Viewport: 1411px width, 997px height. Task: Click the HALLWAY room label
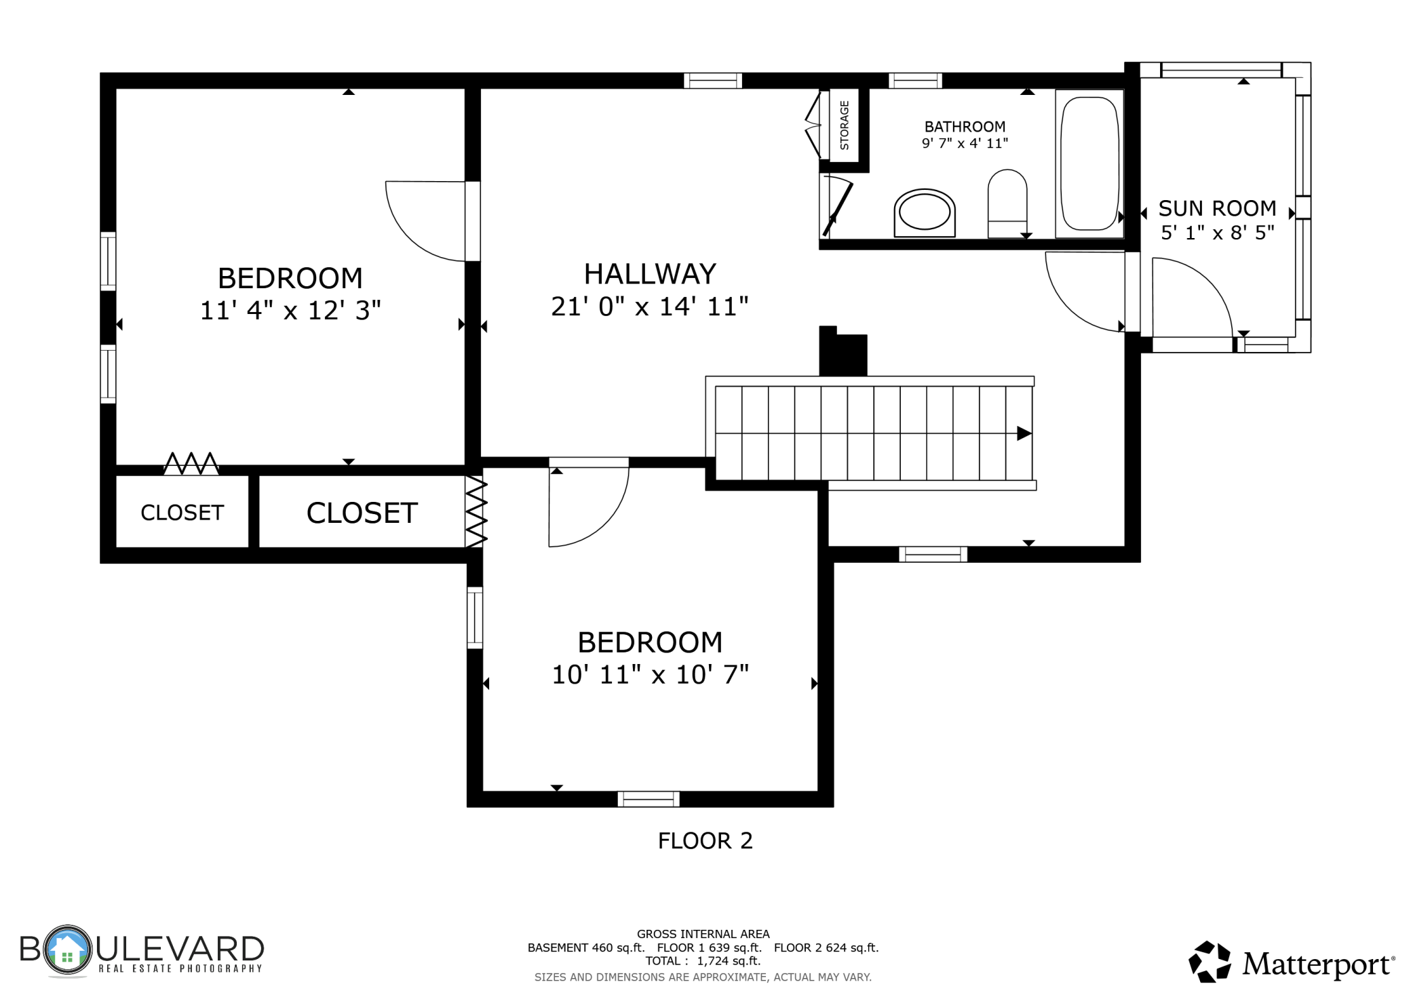(x=650, y=274)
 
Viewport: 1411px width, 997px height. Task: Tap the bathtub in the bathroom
(x=1089, y=163)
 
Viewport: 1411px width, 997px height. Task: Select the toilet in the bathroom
(x=1007, y=203)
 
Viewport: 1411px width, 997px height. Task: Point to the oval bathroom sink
(x=925, y=213)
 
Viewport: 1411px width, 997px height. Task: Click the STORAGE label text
(x=845, y=125)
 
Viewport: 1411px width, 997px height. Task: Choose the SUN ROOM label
(x=1217, y=208)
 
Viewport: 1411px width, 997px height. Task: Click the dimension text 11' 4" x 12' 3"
(x=290, y=311)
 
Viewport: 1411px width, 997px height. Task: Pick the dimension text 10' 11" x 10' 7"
(x=650, y=675)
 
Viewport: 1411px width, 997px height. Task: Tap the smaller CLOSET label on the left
(x=182, y=513)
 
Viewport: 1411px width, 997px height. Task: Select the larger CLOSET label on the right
(x=362, y=513)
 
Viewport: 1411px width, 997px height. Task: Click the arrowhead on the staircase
(x=1024, y=433)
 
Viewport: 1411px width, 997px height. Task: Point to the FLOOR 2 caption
(x=705, y=841)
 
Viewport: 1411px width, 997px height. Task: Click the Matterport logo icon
(x=1210, y=961)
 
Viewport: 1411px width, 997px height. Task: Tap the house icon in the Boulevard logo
(x=66, y=950)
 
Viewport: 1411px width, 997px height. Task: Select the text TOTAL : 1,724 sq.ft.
(x=703, y=961)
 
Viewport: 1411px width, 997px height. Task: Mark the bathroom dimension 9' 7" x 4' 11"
(x=965, y=143)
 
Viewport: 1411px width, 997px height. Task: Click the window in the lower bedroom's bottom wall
(x=649, y=799)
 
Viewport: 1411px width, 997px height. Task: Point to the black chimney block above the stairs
(x=843, y=351)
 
